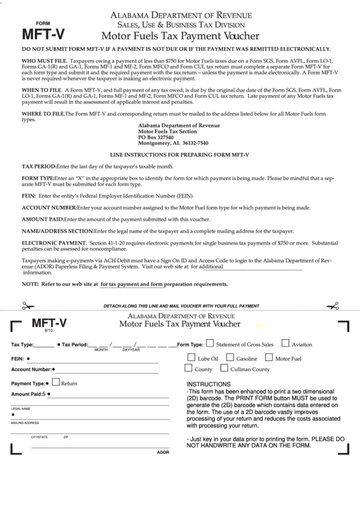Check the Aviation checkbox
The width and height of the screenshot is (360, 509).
pyautogui.click(x=285, y=344)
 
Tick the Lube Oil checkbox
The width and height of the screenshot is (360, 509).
pyautogui.click(x=191, y=357)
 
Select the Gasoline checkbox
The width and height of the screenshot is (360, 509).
pyautogui.click(x=230, y=357)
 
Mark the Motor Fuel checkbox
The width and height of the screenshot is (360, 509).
pyautogui.click(x=268, y=357)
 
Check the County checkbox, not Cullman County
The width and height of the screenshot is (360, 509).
pyautogui.click(x=189, y=368)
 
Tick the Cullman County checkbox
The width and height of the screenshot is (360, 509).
pyautogui.click(x=224, y=368)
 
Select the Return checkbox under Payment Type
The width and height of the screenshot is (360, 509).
pyautogui.click(x=56, y=382)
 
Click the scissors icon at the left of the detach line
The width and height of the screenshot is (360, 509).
pyautogui.click(x=28, y=306)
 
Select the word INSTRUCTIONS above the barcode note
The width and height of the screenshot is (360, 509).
pyautogui.click(x=209, y=384)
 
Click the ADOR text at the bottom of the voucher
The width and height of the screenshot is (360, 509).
pyautogui.click(x=163, y=452)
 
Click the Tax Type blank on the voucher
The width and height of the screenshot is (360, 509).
pyautogui.click(x=44, y=345)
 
